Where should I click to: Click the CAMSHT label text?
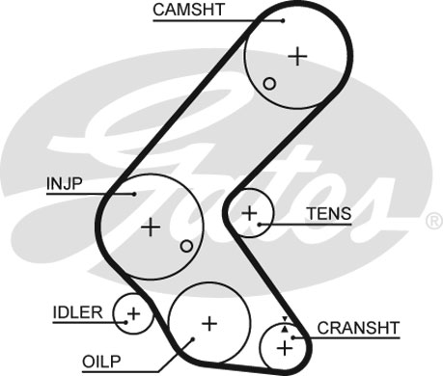188,10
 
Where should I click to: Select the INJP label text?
65,183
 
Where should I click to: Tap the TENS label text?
329,214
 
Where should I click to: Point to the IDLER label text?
77,312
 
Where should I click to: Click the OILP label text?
101,362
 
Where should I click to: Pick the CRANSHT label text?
358,328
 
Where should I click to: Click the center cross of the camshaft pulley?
297,57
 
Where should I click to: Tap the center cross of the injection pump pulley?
151,228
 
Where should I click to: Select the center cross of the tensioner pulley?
249,213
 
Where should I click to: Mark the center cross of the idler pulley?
133,313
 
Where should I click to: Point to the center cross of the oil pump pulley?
209,324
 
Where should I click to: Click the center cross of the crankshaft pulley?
285,348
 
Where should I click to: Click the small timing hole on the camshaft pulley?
269,84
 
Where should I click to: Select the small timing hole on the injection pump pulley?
186,246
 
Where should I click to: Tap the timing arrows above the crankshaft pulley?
285,324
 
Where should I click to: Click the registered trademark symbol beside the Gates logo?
434,222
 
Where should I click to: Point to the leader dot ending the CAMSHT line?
283,21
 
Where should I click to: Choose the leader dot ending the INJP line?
134,194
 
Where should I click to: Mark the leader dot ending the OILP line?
193,338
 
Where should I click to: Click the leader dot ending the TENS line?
260,224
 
